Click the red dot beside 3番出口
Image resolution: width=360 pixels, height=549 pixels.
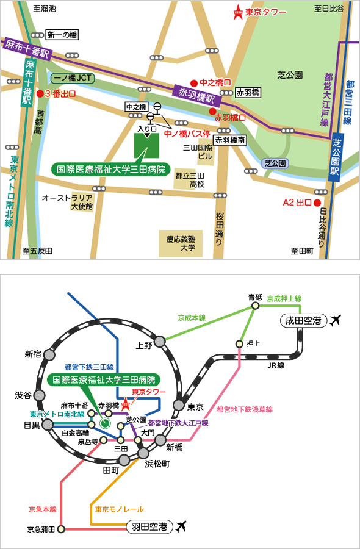(40, 94)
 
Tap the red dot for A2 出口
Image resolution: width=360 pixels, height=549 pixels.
(317, 203)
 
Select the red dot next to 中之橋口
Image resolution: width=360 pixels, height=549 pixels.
(193, 83)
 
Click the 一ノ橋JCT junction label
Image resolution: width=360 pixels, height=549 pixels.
(73, 79)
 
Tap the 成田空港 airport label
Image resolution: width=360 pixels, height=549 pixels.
(304, 320)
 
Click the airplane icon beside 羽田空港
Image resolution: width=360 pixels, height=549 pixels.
(181, 526)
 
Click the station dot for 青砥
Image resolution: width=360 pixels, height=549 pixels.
(256, 306)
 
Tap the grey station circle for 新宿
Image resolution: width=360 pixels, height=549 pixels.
(49, 354)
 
